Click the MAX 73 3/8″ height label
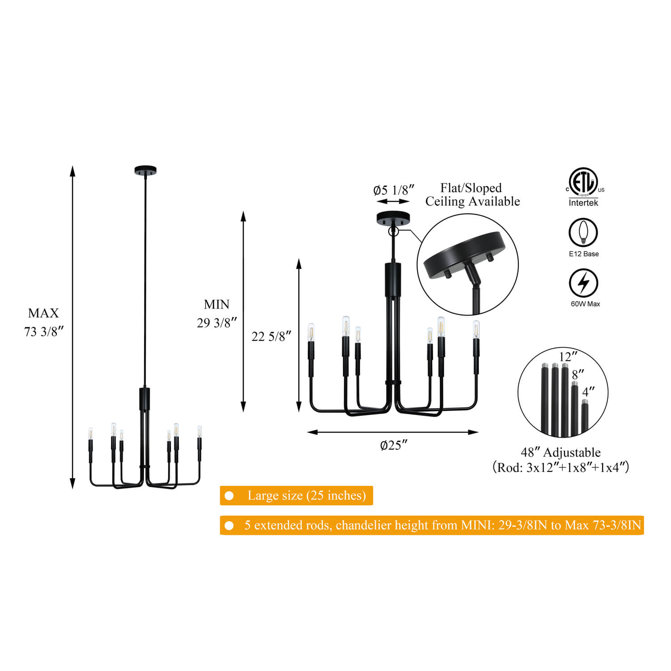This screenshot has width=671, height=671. (43, 322)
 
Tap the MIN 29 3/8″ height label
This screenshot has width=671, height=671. (217, 314)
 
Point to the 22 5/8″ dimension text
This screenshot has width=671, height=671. (271, 336)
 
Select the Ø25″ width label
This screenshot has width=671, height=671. (394, 446)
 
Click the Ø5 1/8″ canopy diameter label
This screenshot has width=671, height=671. (394, 190)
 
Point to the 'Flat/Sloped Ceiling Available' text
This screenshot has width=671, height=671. (472, 195)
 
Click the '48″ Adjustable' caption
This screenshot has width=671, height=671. (561, 452)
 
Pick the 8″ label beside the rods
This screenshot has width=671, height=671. (578, 374)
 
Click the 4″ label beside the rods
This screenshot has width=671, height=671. (588, 392)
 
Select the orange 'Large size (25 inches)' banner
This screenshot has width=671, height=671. (296, 496)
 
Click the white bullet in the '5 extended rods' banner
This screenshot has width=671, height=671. (229, 525)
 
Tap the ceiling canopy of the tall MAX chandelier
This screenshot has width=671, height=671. (145, 170)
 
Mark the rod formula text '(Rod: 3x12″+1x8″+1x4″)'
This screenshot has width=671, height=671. (561, 467)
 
